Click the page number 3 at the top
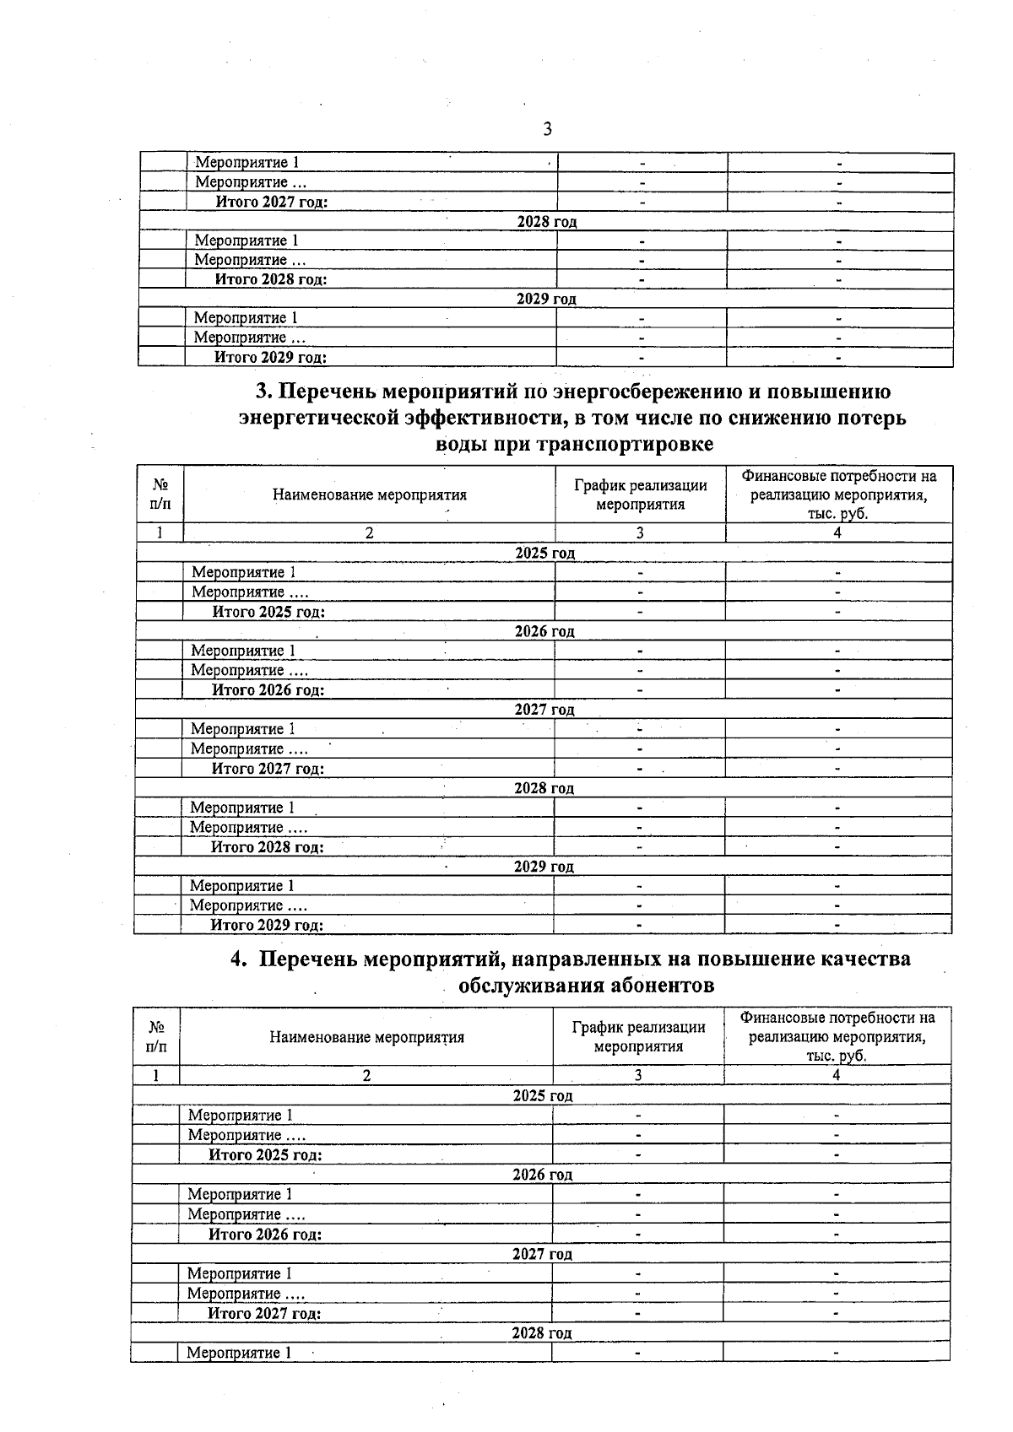pyautogui.click(x=547, y=129)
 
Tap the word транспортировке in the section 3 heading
pyautogui.click(x=625, y=444)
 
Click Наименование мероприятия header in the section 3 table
pyautogui.click(x=369, y=495)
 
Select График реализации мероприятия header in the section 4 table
pyautogui.click(x=638, y=1036)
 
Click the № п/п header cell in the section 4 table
pyautogui.click(x=156, y=1036)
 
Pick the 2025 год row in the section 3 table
pyautogui.click(x=544, y=554)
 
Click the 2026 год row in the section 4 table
pyautogui.click(x=542, y=1175)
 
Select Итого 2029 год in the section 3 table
pyautogui.click(x=267, y=925)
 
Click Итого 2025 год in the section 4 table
pyautogui.click(x=265, y=1155)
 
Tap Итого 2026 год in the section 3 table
pyautogui.click(x=268, y=690)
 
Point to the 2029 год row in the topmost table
pyautogui.click(x=546, y=299)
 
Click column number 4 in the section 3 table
pyautogui.click(x=837, y=532)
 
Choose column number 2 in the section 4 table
pyautogui.click(x=366, y=1075)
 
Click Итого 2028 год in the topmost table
pyautogui.click(x=271, y=279)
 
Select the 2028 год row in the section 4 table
pyautogui.click(x=541, y=1333)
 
